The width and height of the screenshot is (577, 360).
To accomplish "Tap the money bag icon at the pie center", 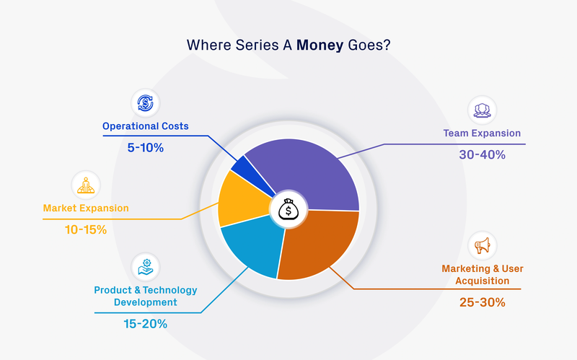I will [288, 210].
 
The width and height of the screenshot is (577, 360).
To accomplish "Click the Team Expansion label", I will [482, 133].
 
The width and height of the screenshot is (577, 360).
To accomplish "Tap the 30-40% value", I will [482, 154].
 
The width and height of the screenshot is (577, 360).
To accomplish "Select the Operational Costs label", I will [145, 126].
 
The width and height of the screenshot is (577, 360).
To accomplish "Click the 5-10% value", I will [145, 147].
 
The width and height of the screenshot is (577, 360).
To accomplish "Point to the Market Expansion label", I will [86, 208].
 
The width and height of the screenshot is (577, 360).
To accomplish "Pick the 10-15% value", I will [86, 229].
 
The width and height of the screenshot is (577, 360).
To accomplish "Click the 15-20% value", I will [145, 324].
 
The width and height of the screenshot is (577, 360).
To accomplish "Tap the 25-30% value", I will [482, 302].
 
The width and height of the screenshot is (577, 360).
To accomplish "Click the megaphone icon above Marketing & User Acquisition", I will [482, 245].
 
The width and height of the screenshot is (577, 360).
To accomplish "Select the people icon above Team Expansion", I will [482, 110].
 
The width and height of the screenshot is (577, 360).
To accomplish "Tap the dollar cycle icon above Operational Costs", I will [145, 102].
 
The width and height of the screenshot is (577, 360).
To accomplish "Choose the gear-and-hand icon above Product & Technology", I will [145, 266].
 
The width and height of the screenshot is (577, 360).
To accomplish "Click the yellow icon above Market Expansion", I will [86, 184].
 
